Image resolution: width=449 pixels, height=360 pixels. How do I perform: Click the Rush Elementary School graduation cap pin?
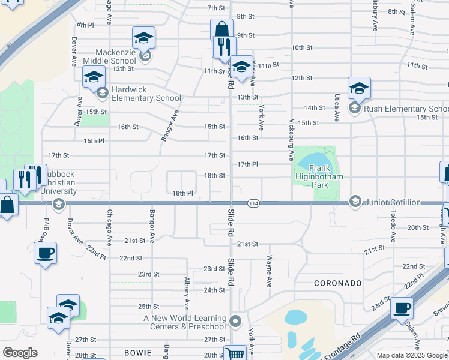click(358, 88)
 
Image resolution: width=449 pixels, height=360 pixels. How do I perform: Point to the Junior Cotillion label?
click(392, 202)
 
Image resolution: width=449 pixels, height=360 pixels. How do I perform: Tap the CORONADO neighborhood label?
click(337, 283)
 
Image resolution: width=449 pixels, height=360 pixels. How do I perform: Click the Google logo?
click(20, 353)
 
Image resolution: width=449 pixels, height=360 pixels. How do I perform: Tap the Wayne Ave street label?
click(270, 269)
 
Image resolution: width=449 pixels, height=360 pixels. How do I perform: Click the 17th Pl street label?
click(247, 164)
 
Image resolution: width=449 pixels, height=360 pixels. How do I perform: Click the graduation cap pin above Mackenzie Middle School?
click(143, 38)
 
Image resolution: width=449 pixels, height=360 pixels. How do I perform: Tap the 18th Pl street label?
click(182, 193)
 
